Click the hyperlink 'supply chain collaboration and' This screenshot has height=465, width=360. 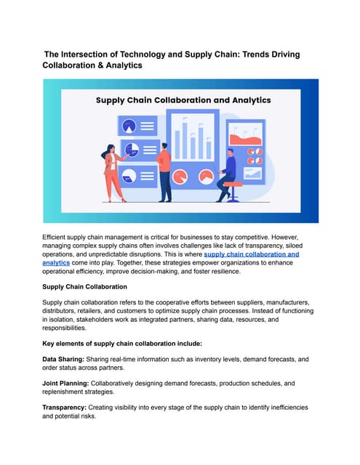tap(252, 255)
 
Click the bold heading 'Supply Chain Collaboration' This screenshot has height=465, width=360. tap(85, 287)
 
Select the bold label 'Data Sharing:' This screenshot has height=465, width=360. tap(66, 360)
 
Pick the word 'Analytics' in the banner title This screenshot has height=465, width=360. tap(240, 100)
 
